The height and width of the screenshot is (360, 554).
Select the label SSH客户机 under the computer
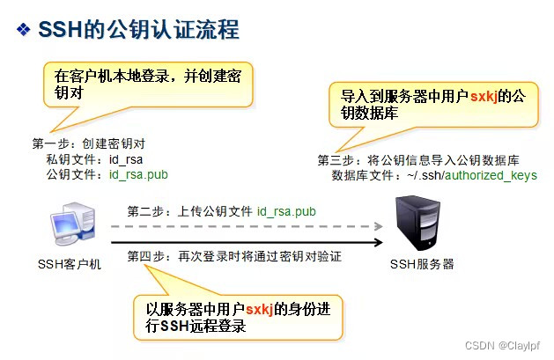coord(70,263)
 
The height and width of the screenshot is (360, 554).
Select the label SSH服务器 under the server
coord(422,263)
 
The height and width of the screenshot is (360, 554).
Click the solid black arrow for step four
coord(247,243)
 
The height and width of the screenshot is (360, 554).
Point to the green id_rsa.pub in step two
coord(286,212)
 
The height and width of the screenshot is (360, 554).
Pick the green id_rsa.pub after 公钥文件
coord(138,174)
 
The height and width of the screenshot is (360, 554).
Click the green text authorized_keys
coord(490,176)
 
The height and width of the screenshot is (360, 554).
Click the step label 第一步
coord(51,143)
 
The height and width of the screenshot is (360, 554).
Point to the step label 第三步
coord(336,159)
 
